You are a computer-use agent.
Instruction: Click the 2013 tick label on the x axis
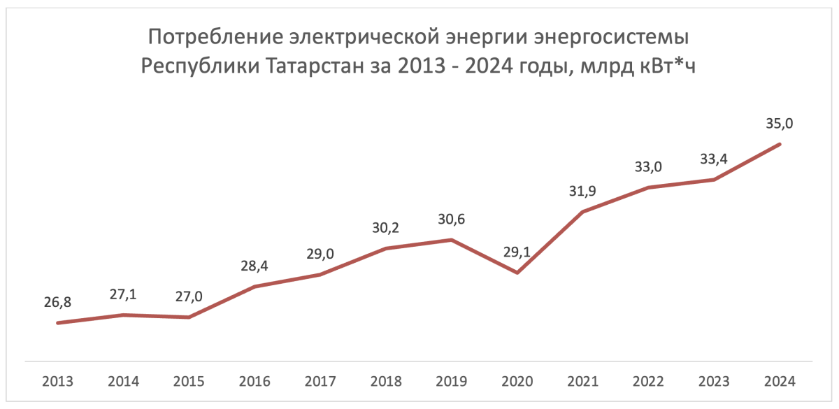(57, 382)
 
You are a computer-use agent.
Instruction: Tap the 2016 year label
(254, 382)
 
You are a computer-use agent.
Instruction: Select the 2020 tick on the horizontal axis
(517, 382)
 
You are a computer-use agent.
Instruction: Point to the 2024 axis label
(780, 382)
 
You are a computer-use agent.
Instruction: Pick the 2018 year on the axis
(386, 382)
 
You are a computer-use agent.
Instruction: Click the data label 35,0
(780, 124)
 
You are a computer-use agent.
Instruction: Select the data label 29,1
(517, 252)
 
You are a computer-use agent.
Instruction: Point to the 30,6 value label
(452, 220)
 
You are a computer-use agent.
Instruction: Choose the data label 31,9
(583, 192)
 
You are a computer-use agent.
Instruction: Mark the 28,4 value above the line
(254, 266)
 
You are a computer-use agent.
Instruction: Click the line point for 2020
(517, 273)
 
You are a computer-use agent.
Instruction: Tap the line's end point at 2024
(780, 144)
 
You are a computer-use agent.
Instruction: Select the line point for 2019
(452, 240)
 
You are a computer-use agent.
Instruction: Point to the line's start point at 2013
(57, 323)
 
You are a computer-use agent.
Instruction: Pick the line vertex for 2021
(583, 212)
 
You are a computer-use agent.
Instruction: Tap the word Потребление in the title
(210, 36)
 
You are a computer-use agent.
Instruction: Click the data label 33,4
(714, 159)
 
